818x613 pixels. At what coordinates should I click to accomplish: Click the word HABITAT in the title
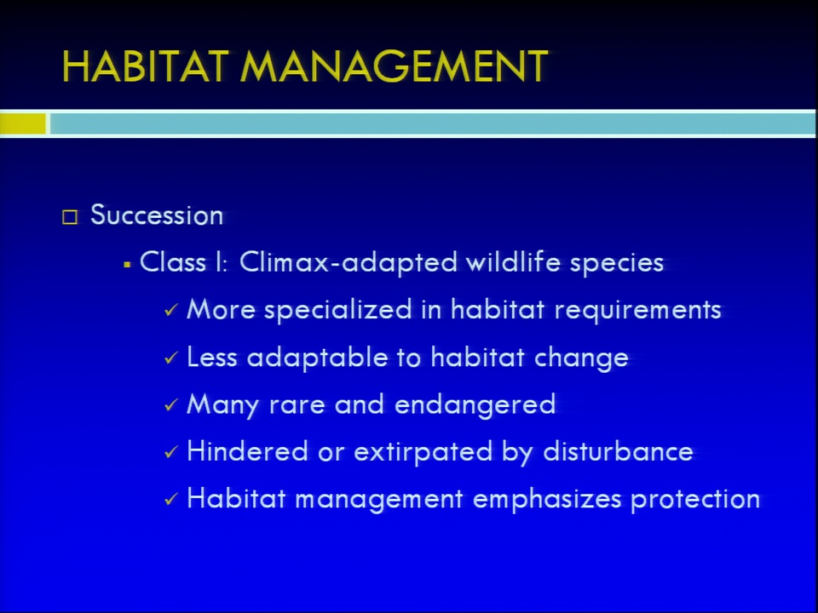(146, 66)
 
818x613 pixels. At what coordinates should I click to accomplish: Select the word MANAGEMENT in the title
(394, 66)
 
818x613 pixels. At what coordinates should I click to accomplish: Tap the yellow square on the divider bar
(23, 123)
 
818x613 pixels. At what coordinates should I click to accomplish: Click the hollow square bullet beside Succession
(70, 216)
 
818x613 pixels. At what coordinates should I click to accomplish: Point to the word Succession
(157, 215)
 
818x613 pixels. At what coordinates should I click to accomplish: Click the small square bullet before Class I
(127, 266)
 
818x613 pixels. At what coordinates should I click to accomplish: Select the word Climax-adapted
(349, 262)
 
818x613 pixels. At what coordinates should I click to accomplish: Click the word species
(617, 263)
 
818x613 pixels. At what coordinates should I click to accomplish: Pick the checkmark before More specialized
(171, 310)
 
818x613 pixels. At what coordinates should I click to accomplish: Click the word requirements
(638, 310)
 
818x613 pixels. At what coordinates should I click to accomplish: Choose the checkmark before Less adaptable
(171, 358)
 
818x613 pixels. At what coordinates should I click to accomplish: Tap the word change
(581, 358)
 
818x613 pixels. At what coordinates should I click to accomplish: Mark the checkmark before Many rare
(171, 405)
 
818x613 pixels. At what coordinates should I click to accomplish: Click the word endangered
(475, 405)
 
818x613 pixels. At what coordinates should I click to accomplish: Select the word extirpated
(423, 452)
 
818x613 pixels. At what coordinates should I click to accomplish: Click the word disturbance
(619, 451)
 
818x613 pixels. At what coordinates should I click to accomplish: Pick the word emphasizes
(547, 500)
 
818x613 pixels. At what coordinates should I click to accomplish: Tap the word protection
(695, 500)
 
